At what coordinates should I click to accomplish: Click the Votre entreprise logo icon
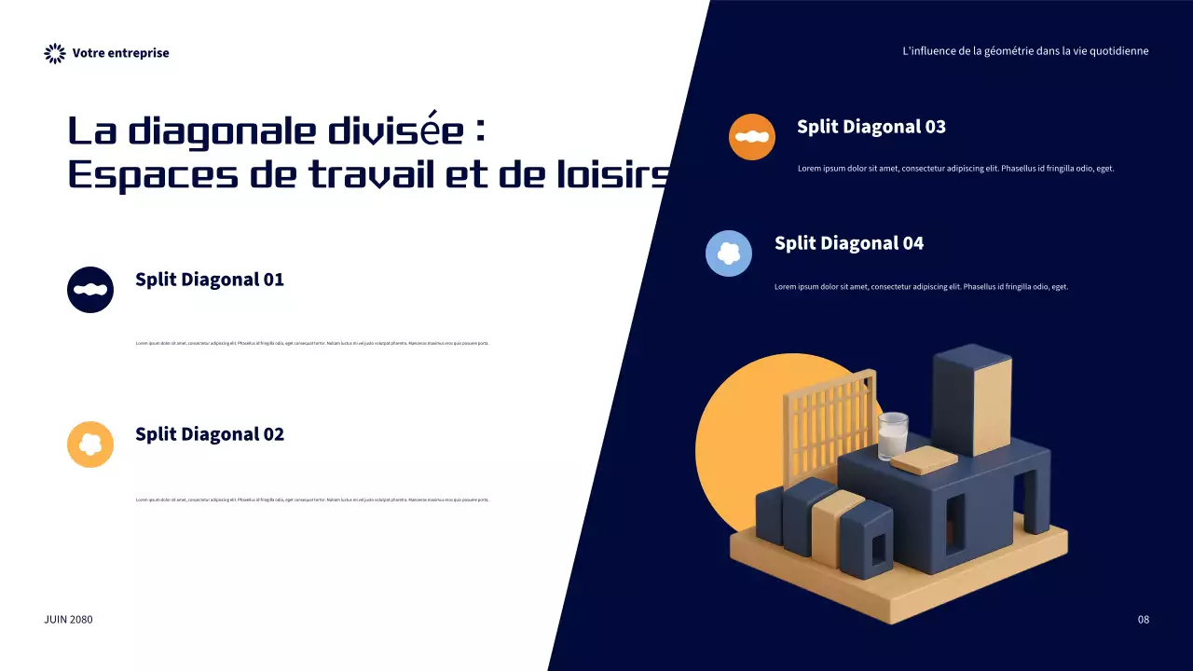[55, 53]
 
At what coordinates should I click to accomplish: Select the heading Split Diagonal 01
[210, 279]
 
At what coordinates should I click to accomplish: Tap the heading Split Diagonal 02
[210, 433]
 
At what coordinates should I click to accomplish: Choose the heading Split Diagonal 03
[871, 127]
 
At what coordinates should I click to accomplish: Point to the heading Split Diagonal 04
[849, 243]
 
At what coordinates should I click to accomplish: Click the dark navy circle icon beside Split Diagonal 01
[90, 290]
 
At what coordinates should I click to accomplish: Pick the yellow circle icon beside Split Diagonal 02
[90, 445]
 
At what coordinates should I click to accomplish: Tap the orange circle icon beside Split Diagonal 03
[752, 137]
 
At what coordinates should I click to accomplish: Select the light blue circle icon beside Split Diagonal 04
[729, 253]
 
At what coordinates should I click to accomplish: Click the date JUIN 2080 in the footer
[69, 620]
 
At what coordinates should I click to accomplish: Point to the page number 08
[1144, 620]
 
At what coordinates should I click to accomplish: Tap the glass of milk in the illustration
[892, 435]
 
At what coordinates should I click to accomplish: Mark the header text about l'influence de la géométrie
[1025, 51]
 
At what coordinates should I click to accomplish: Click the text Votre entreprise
[121, 53]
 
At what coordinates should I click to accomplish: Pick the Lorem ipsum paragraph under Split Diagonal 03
[956, 169]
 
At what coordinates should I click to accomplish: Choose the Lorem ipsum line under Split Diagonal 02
[312, 500]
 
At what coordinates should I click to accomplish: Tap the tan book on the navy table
[924, 459]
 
